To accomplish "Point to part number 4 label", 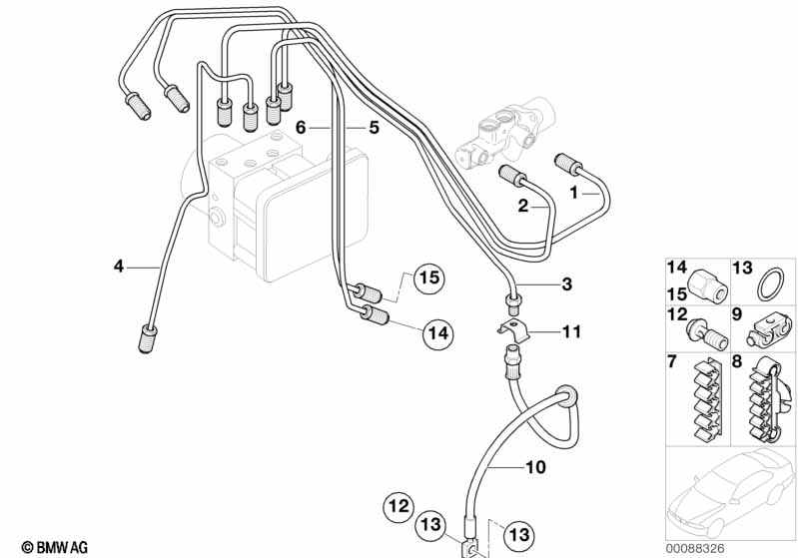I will click(x=119, y=266).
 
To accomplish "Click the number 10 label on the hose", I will click(x=534, y=466).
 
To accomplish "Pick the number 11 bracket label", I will click(x=570, y=331).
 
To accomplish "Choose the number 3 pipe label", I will click(x=566, y=285).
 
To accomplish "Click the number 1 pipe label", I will click(x=574, y=190).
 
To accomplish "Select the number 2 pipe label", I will click(x=522, y=206).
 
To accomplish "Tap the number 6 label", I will click(x=301, y=128).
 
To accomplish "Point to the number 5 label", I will click(x=374, y=128).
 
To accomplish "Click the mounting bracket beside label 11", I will click(x=508, y=324).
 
